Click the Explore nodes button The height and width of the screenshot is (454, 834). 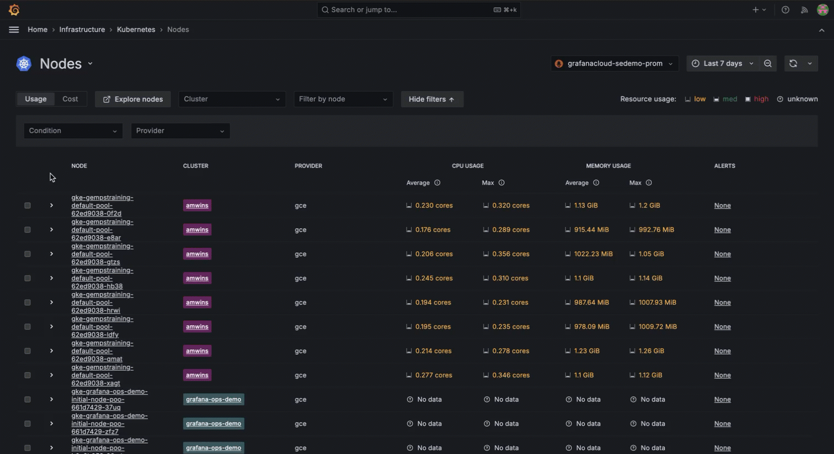click(133, 99)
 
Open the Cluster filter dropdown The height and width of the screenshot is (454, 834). click(232, 99)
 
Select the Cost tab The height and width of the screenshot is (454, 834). click(70, 99)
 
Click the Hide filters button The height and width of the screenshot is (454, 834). click(432, 99)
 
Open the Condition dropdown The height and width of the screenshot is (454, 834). click(73, 131)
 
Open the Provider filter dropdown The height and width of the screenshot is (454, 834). click(180, 131)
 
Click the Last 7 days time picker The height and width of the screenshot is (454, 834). click(723, 63)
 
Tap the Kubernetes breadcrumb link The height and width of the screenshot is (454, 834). click(136, 30)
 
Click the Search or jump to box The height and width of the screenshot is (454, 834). click(419, 10)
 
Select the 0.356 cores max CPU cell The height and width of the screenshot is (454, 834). click(511, 254)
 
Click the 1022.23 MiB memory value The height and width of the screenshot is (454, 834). click(594, 254)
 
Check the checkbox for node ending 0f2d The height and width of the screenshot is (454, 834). click(28, 206)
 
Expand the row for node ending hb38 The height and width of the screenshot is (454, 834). click(51, 278)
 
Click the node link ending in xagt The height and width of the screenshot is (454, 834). click(102, 375)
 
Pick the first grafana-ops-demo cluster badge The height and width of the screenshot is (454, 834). click(213, 399)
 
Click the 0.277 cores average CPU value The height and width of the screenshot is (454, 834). click(434, 375)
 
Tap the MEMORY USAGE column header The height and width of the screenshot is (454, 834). click(608, 166)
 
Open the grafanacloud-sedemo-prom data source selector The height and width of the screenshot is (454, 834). click(614, 63)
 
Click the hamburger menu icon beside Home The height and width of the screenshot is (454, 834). click(14, 30)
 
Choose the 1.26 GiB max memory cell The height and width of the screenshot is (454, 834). click(651, 351)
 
